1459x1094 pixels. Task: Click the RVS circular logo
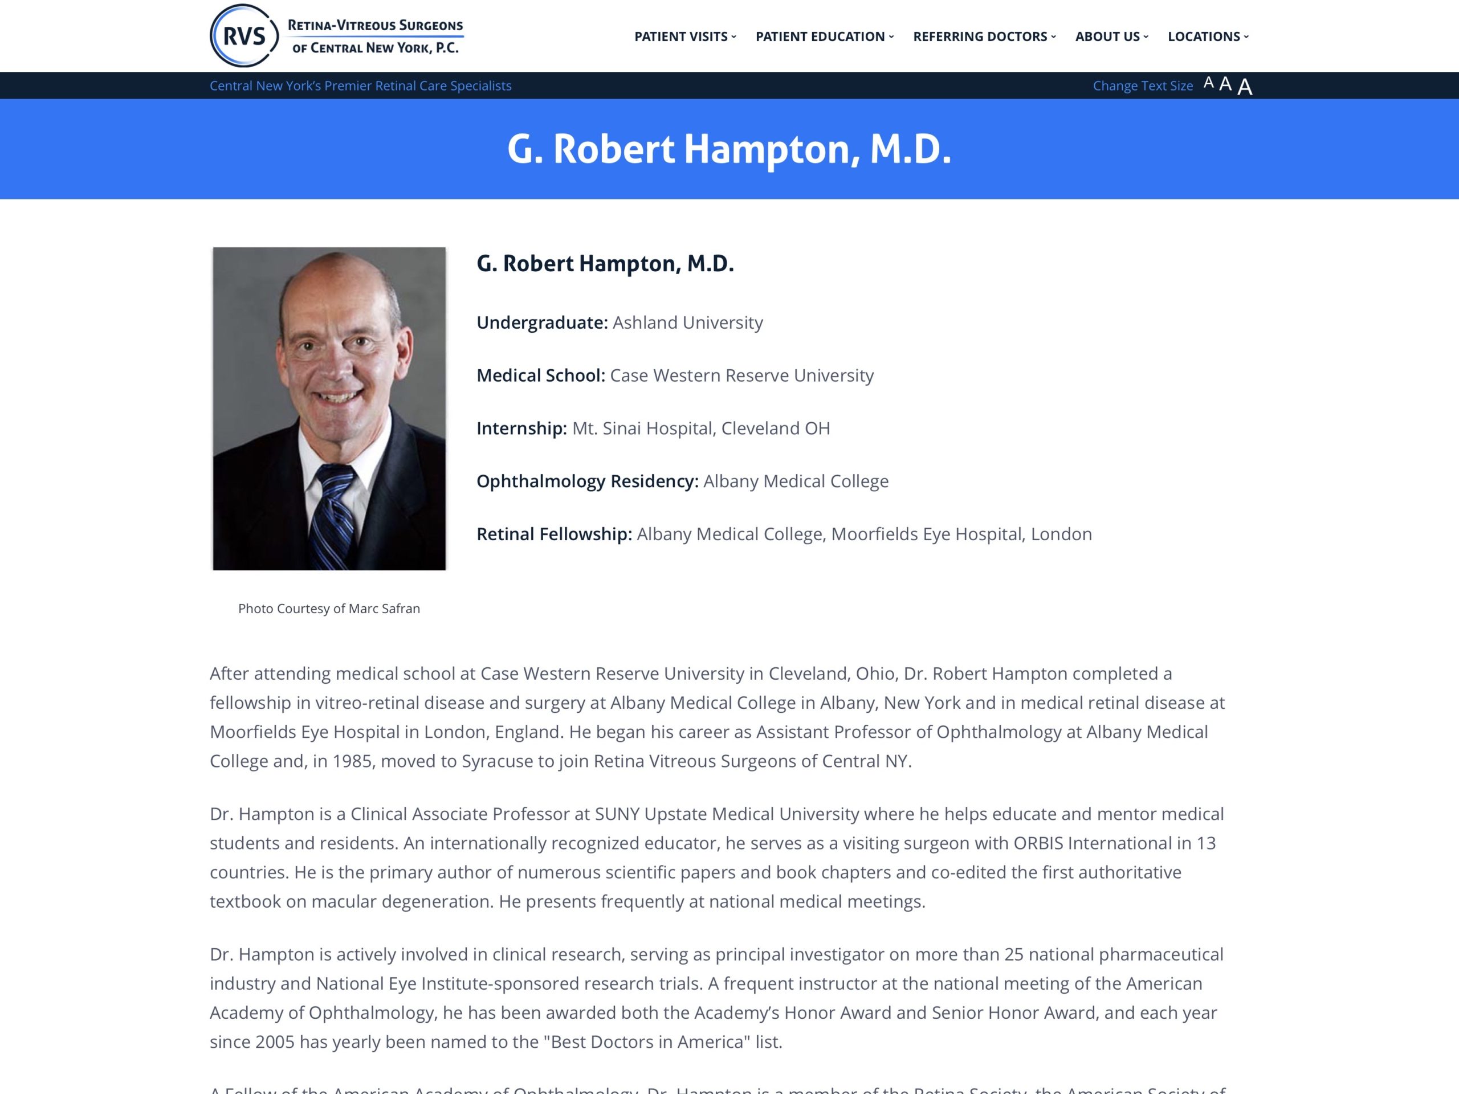pyautogui.click(x=243, y=36)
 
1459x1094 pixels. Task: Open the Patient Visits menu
pyautogui.click(x=684, y=37)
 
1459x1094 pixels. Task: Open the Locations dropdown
pyautogui.click(x=1208, y=37)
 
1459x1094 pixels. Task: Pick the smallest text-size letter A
pyautogui.click(x=1208, y=83)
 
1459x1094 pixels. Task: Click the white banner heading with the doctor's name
pyautogui.click(x=729, y=149)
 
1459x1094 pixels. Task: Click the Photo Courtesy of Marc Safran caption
pyautogui.click(x=328, y=609)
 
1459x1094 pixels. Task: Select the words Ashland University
pyautogui.click(x=687, y=323)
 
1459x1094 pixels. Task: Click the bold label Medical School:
pyautogui.click(x=540, y=375)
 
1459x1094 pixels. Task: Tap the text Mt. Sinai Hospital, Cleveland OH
pyautogui.click(x=700, y=428)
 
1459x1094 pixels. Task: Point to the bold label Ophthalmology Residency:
pyautogui.click(x=587, y=481)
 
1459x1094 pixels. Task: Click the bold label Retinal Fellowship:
pyautogui.click(x=554, y=534)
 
